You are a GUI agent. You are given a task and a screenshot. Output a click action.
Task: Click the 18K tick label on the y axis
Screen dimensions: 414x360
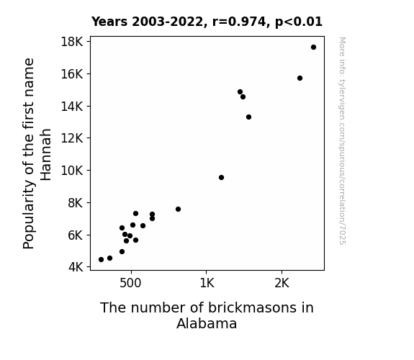pos(72,42)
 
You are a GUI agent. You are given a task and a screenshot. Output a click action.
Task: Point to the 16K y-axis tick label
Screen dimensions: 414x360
pos(72,74)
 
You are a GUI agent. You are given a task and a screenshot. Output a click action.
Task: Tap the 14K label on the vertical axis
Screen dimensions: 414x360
pos(72,106)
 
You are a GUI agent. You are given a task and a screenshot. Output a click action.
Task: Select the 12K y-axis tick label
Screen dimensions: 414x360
pos(72,138)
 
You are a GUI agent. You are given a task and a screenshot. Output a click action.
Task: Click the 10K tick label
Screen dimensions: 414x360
pos(72,171)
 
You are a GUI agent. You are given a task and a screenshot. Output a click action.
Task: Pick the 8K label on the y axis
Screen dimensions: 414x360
pos(76,203)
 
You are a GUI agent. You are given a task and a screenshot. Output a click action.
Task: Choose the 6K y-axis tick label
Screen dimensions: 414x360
pos(76,235)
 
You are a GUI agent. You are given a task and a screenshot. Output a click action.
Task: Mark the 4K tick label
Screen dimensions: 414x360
pos(76,267)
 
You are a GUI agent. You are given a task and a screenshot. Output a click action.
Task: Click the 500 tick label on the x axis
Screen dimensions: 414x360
pos(130,283)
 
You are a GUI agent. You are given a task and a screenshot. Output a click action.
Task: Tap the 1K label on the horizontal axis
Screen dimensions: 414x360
pos(207,283)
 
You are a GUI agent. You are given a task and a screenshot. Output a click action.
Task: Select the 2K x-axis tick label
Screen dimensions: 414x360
pos(282,283)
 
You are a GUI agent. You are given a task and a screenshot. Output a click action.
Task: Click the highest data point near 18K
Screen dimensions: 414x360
pos(313,48)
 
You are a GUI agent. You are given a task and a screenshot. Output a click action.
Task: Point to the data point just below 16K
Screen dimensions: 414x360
pos(300,78)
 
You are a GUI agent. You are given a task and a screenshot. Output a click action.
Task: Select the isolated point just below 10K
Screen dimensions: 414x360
pos(221,178)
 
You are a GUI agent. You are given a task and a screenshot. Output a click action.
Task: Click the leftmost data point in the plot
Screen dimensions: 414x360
pos(101,260)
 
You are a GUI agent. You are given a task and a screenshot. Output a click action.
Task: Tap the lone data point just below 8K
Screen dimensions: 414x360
pos(178,210)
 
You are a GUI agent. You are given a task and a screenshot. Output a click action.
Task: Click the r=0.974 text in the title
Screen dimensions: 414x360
pos(239,22)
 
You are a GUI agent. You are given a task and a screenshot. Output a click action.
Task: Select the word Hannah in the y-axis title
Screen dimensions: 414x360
pos(46,155)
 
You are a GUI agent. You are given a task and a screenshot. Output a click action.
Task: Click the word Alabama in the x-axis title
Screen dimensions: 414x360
pos(207,323)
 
